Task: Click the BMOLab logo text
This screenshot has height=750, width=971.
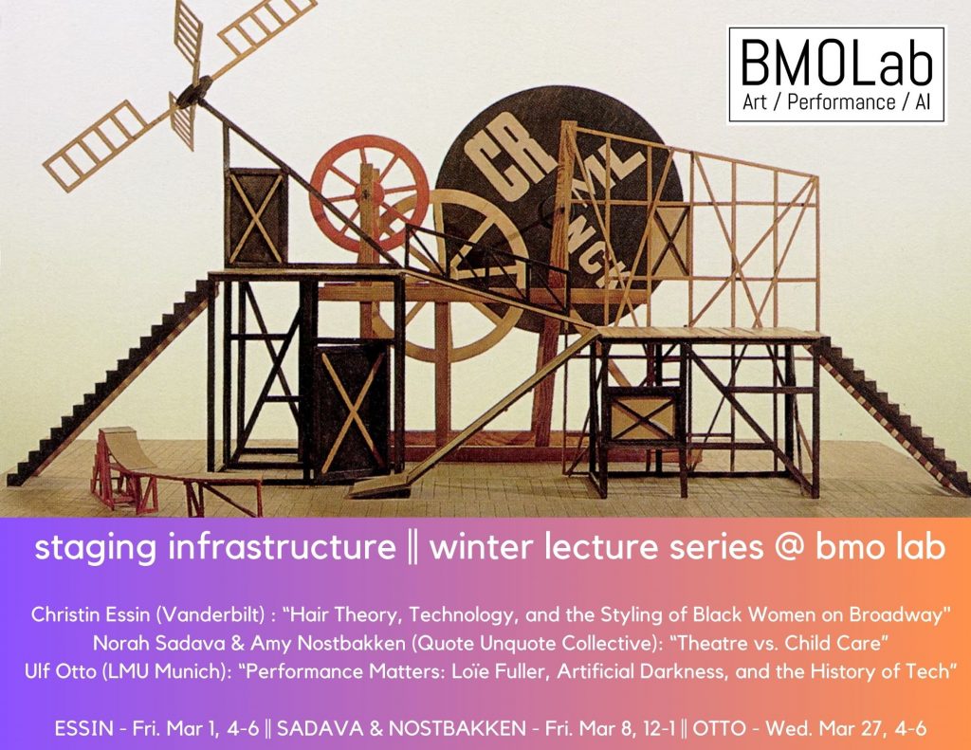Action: pyautogui.click(x=836, y=62)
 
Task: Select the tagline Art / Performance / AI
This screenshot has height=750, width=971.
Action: pyautogui.click(x=836, y=102)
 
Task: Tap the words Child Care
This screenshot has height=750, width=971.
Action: pyautogui.click(x=833, y=644)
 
